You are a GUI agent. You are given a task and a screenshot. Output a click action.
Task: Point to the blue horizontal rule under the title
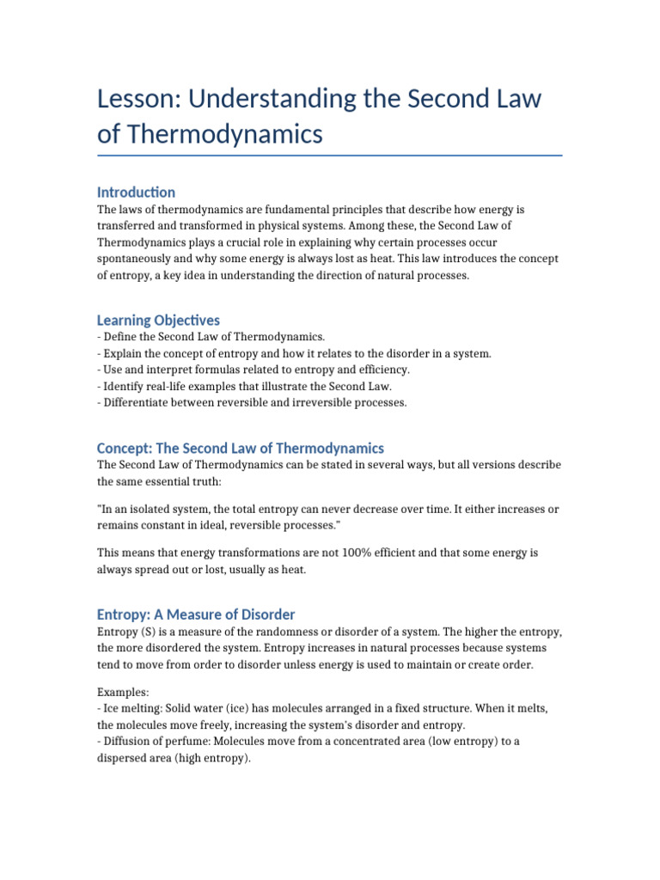tap(330, 156)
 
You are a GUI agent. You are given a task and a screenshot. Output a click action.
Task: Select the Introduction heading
tap(136, 192)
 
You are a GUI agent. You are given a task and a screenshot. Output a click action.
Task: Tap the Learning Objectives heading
tap(158, 320)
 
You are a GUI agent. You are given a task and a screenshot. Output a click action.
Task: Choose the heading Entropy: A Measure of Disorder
tap(196, 614)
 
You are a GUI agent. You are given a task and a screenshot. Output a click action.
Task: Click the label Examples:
tap(123, 692)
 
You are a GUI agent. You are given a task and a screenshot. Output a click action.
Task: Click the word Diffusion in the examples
tap(128, 742)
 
